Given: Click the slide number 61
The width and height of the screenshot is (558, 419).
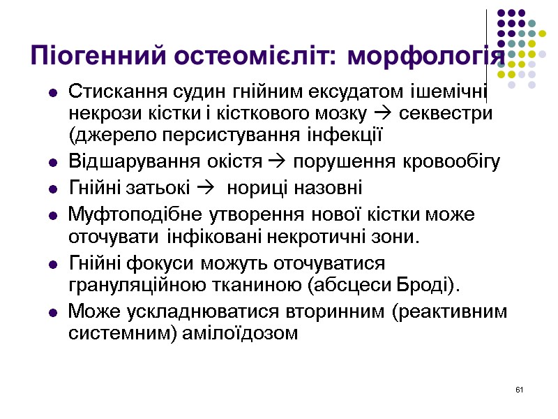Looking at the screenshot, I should click(518, 388).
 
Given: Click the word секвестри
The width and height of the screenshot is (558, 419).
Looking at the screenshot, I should click(453, 113).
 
